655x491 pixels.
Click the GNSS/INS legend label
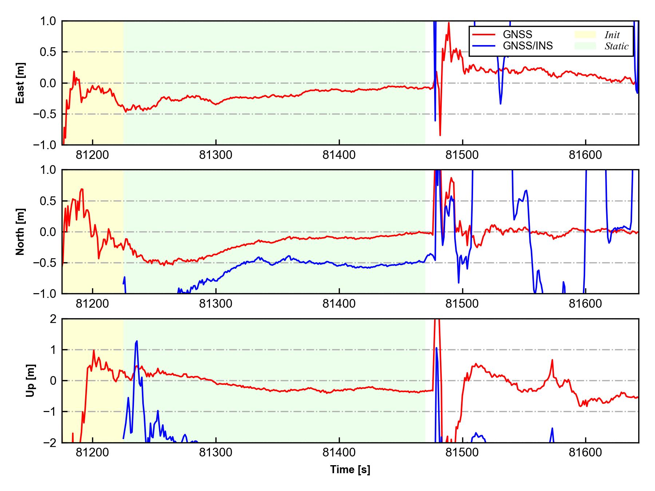pos(528,46)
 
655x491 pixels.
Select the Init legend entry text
pos(612,35)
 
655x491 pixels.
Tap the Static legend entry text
pos(616,46)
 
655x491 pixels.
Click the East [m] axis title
pos(20,83)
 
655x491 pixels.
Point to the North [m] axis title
pos(20,232)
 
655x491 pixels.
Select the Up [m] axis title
pos(31,380)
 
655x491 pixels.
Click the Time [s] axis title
pos(350,470)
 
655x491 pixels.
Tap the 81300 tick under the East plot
pos(216,155)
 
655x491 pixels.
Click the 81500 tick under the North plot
pos(462,304)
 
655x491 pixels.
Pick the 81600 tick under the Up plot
pos(585,453)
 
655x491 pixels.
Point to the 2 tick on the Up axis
pos(53,319)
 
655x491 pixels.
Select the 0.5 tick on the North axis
pos(48,201)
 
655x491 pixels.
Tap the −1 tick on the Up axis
pos(50,412)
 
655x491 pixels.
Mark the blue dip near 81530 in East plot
pos(501,104)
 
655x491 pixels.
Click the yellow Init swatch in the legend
pos(585,35)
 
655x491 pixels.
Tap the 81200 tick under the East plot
pos(92,155)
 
